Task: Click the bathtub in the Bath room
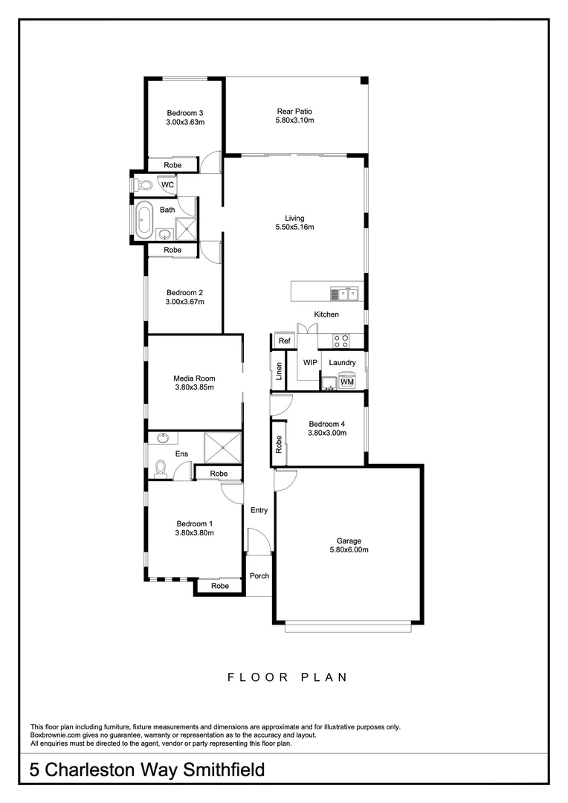tap(143, 221)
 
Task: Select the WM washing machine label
tap(346, 382)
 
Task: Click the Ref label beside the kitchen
tap(284, 341)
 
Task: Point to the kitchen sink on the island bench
tap(346, 294)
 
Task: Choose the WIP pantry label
tap(310, 363)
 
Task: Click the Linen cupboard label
tap(279, 371)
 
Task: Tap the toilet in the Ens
tap(159, 468)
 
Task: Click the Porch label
tap(259, 576)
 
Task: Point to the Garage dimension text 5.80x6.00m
tap(349, 550)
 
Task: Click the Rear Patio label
tap(294, 112)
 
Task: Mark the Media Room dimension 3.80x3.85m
tap(194, 387)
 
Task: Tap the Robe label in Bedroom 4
tap(279, 445)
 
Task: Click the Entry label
tap(259, 510)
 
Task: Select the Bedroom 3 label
tap(184, 112)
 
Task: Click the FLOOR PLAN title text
tap(287, 677)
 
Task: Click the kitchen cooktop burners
tap(341, 341)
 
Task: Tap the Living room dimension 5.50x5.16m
tap(294, 228)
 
